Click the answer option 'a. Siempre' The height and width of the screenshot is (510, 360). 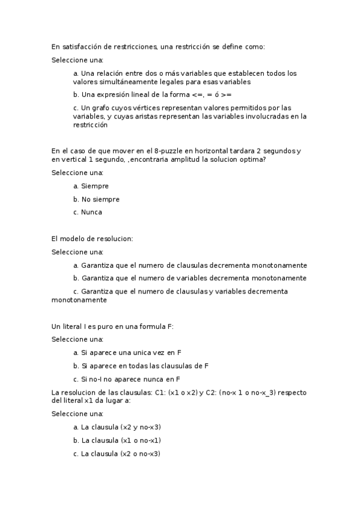pyautogui.click(x=91, y=186)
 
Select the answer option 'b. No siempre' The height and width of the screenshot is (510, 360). pyautogui.click(x=96, y=199)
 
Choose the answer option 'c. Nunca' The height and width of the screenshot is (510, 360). pyautogui.click(x=88, y=212)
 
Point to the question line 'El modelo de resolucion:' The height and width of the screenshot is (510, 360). pyautogui.click(x=92, y=239)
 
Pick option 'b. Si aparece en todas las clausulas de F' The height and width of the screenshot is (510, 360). pyautogui.click(x=141, y=366)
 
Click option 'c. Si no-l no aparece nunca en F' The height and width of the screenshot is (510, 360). pyautogui.click(x=126, y=379)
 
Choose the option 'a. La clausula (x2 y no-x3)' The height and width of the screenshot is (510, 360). pyautogui.click(x=117, y=427)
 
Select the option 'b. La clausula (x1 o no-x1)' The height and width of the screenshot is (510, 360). pyautogui.click(x=117, y=440)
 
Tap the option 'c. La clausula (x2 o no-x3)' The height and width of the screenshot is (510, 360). pyautogui.click(x=117, y=453)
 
